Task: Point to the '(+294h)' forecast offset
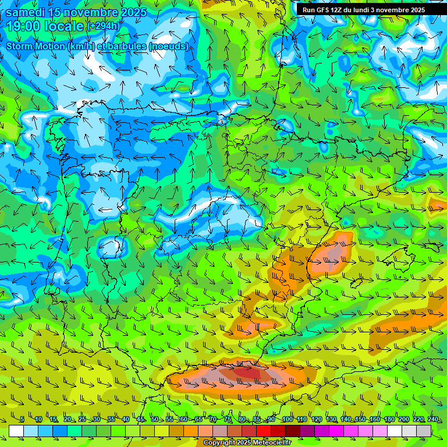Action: (104, 26)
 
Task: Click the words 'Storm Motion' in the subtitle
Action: (34, 46)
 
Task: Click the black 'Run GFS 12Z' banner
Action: (363, 10)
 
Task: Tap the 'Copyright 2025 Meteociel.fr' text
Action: (247, 443)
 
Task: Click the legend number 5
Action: (22, 420)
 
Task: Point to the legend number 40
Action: (126, 420)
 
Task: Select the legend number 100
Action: (287, 420)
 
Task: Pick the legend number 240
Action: (433, 420)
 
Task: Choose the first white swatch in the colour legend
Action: (16, 431)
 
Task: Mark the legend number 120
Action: (317, 420)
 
